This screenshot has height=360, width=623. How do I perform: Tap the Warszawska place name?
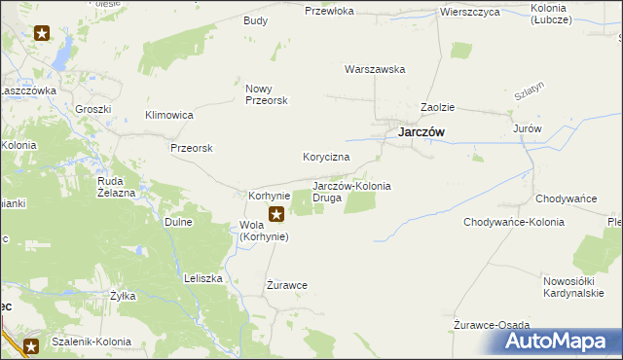click(375, 69)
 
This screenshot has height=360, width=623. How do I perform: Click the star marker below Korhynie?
click(277, 215)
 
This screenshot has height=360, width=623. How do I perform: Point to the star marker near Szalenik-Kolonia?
click(31, 345)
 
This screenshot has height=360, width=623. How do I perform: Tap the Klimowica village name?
click(169, 115)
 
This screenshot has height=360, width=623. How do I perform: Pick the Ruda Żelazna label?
click(116, 187)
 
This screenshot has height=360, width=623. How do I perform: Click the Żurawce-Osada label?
click(492, 325)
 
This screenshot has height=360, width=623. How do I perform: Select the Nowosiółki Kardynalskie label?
click(573, 287)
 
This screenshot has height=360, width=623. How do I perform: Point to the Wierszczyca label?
click(469, 12)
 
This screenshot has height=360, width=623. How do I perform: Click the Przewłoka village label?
click(327, 12)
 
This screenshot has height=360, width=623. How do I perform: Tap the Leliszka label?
click(203, 278)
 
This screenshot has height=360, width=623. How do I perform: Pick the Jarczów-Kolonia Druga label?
click(351, 192)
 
